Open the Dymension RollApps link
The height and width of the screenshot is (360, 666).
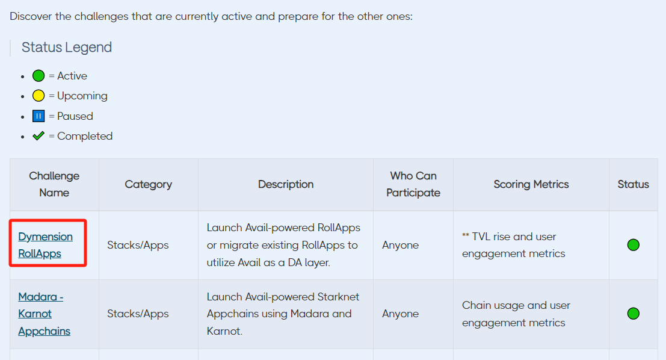pos(46,245)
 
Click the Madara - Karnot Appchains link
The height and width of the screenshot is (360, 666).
pos(44,314)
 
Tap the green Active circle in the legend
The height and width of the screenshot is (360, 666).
pos(39,76)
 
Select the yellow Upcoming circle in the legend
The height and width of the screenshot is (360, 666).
pos(39,96)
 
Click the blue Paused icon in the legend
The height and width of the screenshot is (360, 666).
pos(39,116)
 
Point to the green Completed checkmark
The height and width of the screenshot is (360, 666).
pos(39,136)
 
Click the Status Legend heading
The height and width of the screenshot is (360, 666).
pos(67,47)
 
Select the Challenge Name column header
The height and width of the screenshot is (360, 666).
pos(54,184)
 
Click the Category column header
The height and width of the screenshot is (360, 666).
pos(148,184)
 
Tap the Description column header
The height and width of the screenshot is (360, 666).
pos(286,184)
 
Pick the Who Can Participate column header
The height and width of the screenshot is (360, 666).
pos(413,184)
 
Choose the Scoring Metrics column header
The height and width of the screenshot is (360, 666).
pos(531,184)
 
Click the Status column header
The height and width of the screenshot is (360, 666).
pos(634,184)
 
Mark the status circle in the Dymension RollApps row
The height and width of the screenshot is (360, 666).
pos(634,245)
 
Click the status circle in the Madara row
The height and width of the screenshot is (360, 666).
pos(634,314)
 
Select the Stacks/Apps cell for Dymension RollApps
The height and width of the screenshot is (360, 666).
pos(138,245)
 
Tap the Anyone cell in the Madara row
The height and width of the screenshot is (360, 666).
pos(401,314)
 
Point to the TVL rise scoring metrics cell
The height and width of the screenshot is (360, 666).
pos(514,245)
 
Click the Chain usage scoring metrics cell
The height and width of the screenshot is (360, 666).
pos(516,314)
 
